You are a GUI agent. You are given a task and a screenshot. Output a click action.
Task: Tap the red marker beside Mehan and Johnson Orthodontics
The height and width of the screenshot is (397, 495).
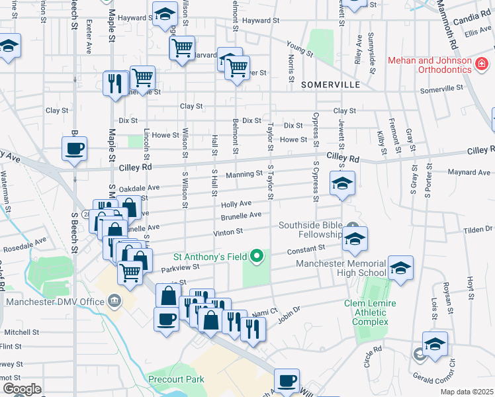[482, 65]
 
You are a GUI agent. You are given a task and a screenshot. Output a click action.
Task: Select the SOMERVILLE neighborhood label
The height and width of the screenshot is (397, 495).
[330, 85]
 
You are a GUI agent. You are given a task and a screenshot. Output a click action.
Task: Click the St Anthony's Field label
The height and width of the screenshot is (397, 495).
[210, 256]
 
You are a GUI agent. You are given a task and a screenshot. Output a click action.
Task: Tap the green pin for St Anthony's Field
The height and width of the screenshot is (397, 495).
[257, 256]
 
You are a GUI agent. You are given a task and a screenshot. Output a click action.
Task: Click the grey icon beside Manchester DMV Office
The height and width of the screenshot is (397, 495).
[115, 301]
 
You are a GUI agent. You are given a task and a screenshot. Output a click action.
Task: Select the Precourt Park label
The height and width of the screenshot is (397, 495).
[176, 379]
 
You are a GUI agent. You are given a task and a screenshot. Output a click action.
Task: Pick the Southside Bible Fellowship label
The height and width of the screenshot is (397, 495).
[310, 230]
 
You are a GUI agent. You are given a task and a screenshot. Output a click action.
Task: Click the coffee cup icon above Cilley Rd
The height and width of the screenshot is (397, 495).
[74, 148]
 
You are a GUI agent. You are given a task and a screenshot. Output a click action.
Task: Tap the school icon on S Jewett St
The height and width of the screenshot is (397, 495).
[342, 184]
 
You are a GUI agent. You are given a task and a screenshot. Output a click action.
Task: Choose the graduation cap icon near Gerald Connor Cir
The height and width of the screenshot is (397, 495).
[435, 345]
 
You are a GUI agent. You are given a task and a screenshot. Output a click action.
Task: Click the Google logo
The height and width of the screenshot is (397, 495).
[22, 389]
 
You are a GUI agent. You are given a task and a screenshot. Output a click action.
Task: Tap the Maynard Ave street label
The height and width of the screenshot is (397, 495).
[469, 173]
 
